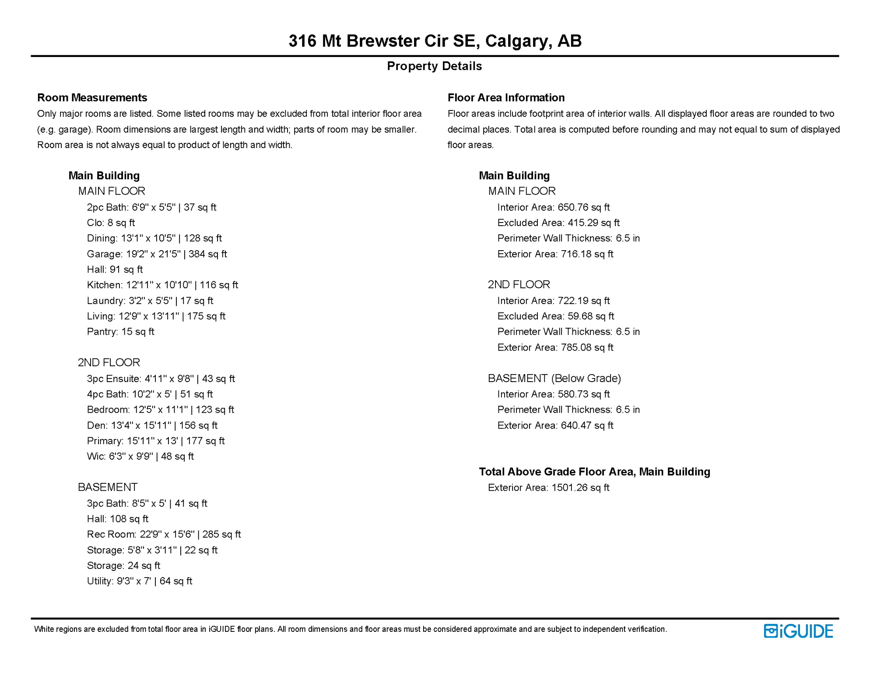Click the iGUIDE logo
pyautogui.click(x=798, y=631)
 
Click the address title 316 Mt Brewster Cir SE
pyautogui.click(x=435, y=41)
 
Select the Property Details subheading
pyautogui.click(x=434, y=66)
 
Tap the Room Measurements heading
pyautogui.click(x=92, y=97)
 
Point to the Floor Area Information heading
pyautogui.click(x=506, y=97)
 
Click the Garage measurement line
pyautogui.click(x=157, y=254)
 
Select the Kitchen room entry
pyautogui.click(x=162, y=285)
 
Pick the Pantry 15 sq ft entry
pyautogui.click(x=120, y=332)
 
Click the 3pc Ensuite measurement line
pyautogui.click(x=161, y=379)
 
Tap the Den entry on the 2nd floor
pyautogui.click(x=152, y=425)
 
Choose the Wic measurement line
pyautogui.click(x=140, y=457)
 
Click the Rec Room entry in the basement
pyautogui.click(x=164, y=535)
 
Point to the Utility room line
pyautogui.click(x=139, y=581)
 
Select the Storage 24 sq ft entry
pyautogui.click(x=123, y=566)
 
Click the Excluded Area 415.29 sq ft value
pyautogui.click(x=558, y=223)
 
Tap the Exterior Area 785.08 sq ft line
pyautogui.click(x=555, y=347)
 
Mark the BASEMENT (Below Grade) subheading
pyautogui.click(x=554, y=378)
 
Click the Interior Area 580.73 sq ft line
pyautogui.click(x=553, y=394)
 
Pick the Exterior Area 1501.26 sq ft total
pyautogui.click(x=548, y=488)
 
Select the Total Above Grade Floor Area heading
pyautogui.click(x=594, y=472)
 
